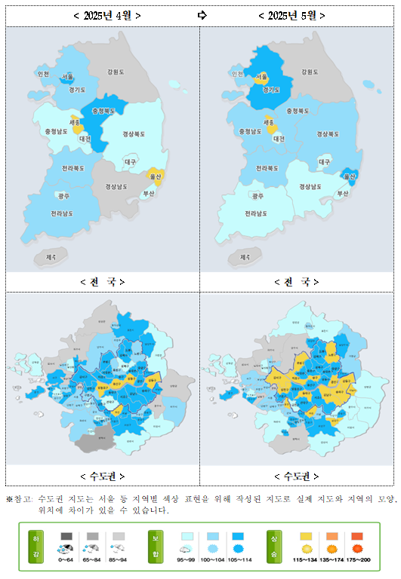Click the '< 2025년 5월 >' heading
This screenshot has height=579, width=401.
coord(291,15)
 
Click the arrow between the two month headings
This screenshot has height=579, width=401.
coord(202,15)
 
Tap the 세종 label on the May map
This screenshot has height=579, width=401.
coord(269,121)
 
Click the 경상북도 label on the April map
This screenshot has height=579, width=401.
coord(134,134)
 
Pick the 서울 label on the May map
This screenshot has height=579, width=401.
coord(261,76)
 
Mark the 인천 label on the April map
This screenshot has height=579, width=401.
coord(43,74)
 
